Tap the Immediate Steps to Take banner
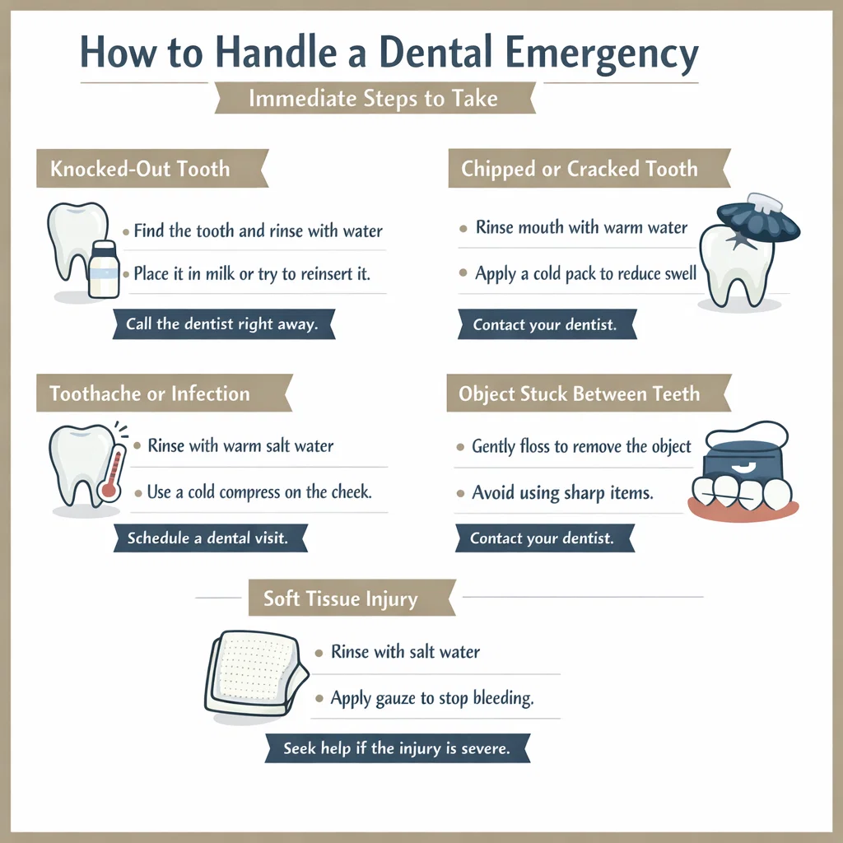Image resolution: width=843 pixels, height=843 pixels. point(373,99)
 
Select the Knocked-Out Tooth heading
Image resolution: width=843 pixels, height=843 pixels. point(140,170)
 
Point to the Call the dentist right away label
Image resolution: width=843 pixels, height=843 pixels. point(221,324)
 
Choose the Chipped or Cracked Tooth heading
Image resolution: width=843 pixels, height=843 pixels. point(579,170)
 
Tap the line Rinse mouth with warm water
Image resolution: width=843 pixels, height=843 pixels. point(581,227)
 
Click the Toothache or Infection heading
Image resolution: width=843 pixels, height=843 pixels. point(149,394)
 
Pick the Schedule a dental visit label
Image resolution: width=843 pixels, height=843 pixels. point(207,538)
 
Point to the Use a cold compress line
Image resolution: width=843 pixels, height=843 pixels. point(259,492)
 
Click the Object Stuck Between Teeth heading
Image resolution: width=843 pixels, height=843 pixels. point(579,394)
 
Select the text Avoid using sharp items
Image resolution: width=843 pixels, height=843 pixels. point(562,493)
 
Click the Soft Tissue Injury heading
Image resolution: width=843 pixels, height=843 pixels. point(340,598)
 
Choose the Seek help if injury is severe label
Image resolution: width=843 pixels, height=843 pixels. point(396,749)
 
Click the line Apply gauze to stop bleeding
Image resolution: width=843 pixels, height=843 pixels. point(432,698)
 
